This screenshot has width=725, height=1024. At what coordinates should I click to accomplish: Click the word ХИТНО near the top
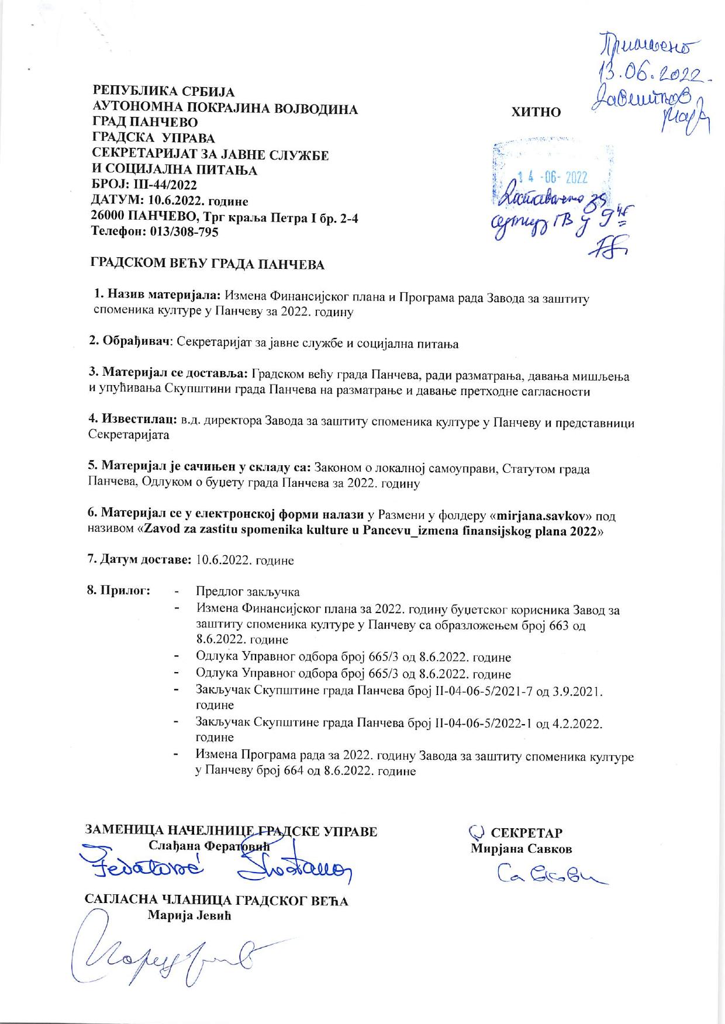click(x=536, y=112)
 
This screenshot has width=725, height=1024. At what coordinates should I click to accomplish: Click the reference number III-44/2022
click(x=159, y=186)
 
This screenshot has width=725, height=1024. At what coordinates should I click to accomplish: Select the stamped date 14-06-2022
click(x=553, y=178)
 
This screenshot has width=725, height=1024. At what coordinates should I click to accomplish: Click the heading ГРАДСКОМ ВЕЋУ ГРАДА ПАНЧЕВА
click(x=206, y=265)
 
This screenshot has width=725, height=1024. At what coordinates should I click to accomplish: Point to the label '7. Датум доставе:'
click(x=139, y=560)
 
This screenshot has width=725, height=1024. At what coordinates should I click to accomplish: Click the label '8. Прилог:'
click(x=119, y=590)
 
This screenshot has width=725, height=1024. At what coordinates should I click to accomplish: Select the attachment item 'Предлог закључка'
click(x=247, y=591)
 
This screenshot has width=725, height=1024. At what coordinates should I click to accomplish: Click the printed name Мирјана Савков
click(x=521, y=849)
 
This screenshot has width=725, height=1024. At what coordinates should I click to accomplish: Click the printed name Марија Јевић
click(x=189, y=915)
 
